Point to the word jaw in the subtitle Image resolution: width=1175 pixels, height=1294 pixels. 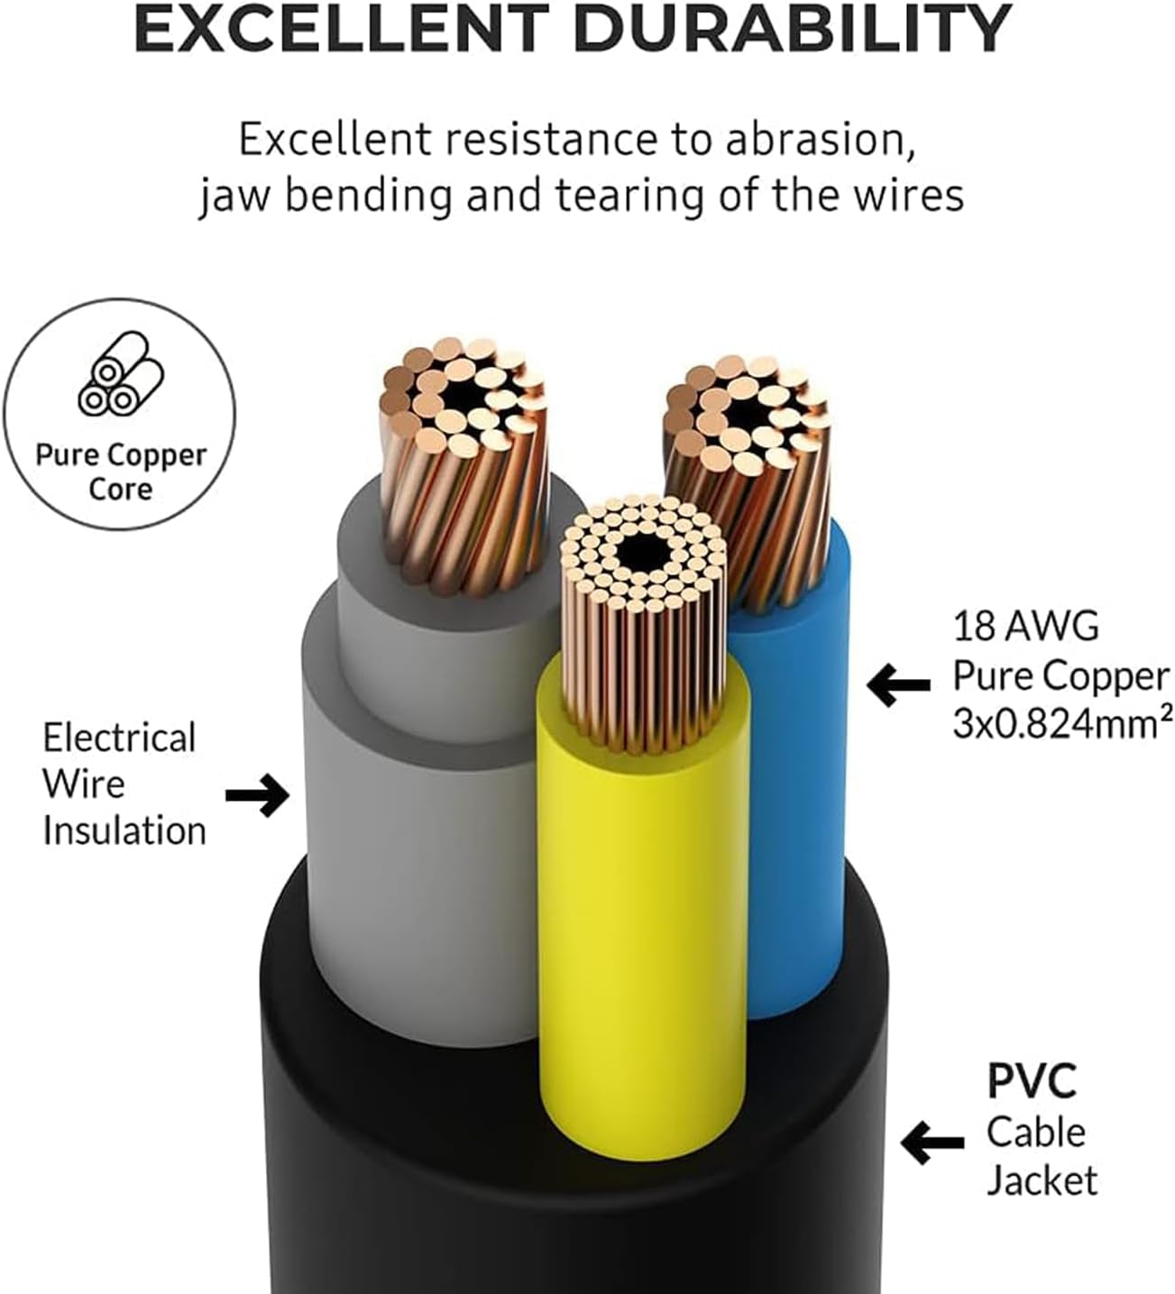234,196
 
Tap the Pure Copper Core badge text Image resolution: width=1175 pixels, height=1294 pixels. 121,472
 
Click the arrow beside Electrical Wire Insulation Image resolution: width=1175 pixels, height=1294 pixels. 257,794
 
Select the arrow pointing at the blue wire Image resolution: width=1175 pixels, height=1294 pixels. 898,684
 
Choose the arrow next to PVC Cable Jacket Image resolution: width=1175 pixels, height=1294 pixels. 932,1143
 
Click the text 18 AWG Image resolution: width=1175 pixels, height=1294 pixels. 1025,626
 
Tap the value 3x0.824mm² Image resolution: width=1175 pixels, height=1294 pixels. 1062,724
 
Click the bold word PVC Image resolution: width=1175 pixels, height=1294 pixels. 1032,1082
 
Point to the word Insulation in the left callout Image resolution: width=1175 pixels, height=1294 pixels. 124,831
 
